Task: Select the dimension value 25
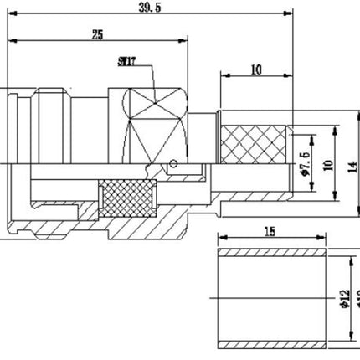97,34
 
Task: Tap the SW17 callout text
127,61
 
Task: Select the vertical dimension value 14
352,165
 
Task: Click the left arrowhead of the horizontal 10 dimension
223,75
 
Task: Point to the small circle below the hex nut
173,164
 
